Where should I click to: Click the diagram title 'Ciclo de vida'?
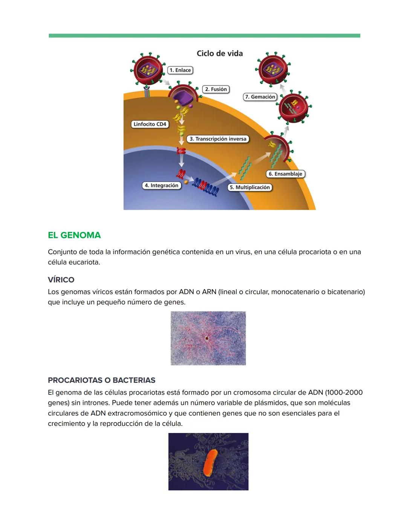[x=220, y=53]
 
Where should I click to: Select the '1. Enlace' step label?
[x=180, y=70]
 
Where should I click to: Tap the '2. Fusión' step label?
[x=216, y=89]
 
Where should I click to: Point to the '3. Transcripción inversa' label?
[x=218, y=139]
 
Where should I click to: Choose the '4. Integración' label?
[x=162, y=185]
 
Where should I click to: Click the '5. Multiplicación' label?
[x=250, y=187]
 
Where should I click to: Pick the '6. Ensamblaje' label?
[x=285, y=174]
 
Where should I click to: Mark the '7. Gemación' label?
[x=260, y=97]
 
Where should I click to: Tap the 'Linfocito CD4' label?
[x=150, y=124]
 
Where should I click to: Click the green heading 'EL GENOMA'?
[x=74, y=235]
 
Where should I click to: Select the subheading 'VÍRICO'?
[x=61, y=280]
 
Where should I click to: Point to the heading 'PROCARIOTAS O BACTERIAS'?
[x=101, y=380]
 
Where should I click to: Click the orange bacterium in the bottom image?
[x=210, y=462]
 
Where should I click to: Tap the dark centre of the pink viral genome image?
[x=207, y=338]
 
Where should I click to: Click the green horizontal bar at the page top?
[x=204, y=36]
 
